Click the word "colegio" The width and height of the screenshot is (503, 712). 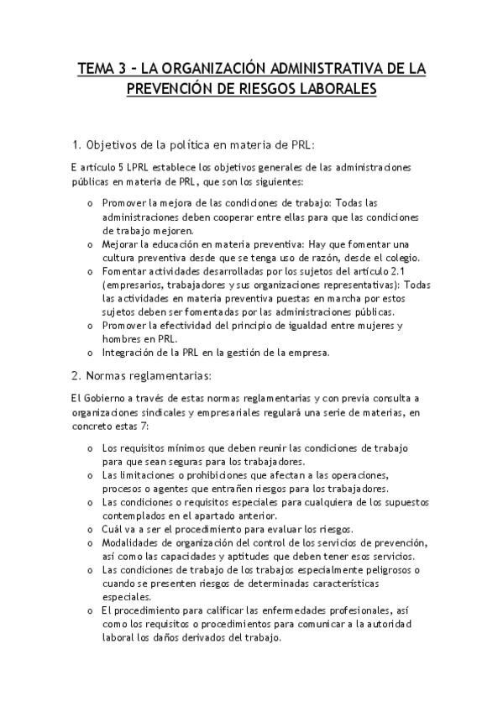(398, 257)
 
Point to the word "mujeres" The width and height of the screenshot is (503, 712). (389, 324)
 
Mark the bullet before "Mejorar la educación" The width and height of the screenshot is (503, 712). (91, 243)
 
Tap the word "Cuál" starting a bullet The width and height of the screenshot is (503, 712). (113, 529)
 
